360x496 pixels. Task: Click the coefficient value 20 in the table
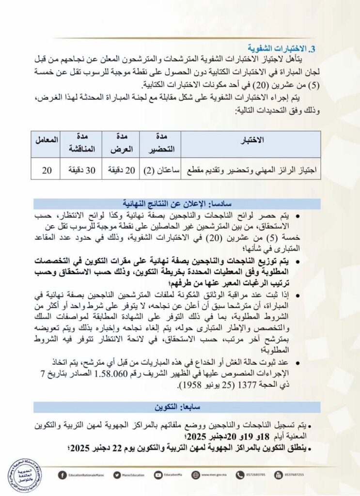47,170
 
